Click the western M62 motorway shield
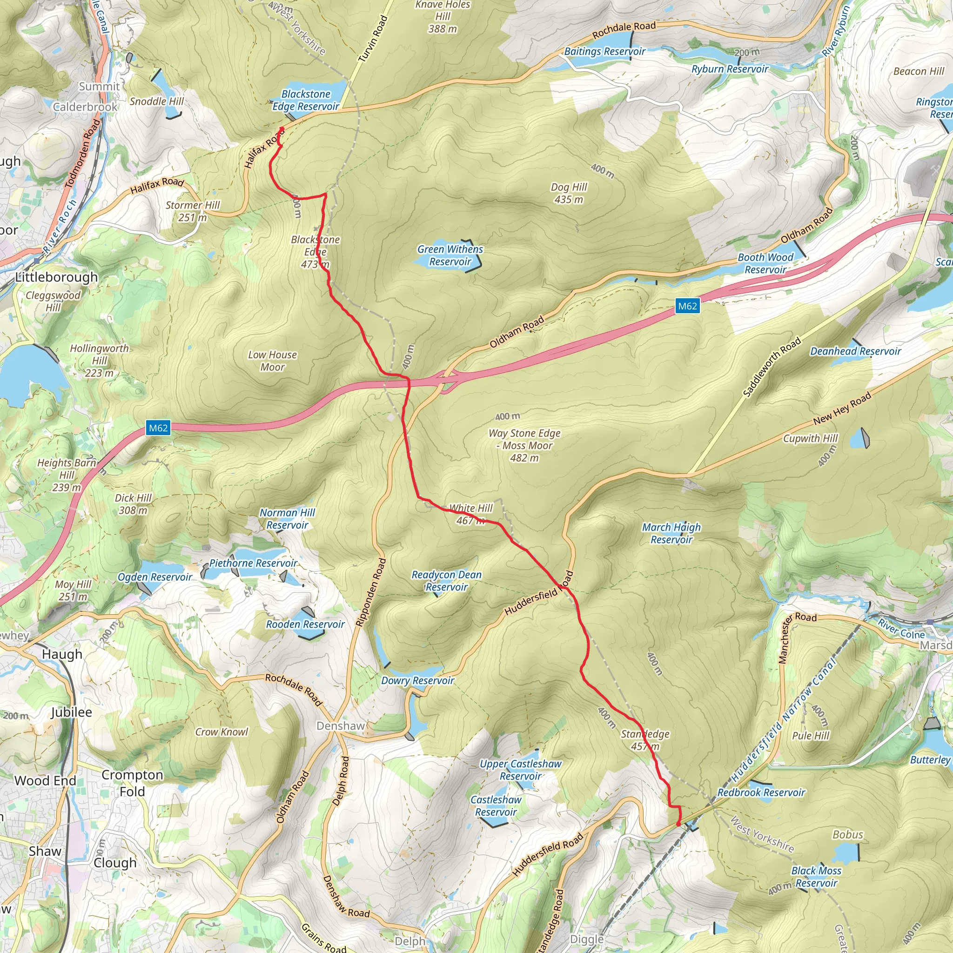point(158,428)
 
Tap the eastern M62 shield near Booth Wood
point(687,306)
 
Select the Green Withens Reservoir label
point(450,255)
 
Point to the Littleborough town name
point(56,277)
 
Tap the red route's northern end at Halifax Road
point(282,129)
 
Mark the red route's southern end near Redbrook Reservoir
point(678,824)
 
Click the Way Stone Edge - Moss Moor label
point(524,445)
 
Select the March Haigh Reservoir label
point(671,533)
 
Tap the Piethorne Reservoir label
point(253,564)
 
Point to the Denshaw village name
point(340,726)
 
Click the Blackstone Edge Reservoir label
point(306,100)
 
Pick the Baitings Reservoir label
point(604,51)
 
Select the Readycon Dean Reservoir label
point(446,581)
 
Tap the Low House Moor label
point(272,361)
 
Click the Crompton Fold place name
point(132,783)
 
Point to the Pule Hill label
point(811,736)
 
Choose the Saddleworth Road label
point(772,368)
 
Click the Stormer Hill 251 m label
point(192,211)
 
